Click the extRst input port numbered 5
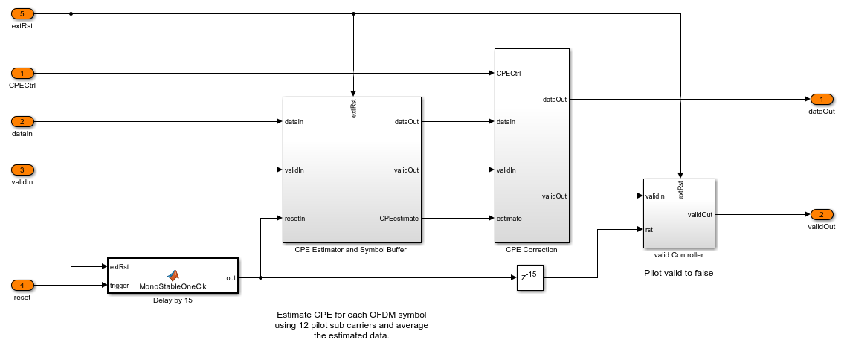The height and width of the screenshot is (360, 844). pyautogui.click(x=22, y=14)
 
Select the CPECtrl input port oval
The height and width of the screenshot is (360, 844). pyautogui.click(x=22, y=73)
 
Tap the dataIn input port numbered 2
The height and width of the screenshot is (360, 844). pyautogui.click(x=22, y=122)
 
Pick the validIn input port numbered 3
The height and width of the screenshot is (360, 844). pyautogui.click(x=22, y=170)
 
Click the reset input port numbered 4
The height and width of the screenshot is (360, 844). pyautogui.click(x=22, y=285)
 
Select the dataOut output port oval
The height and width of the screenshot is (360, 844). pyautogui.click(x=822, y=99)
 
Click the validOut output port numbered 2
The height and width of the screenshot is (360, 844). pyautogui.click(x=822, y=215)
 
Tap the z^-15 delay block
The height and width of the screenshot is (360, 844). pyautogui.click(x=530, y=277)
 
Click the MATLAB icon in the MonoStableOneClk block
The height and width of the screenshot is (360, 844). pyautogui.click(x=173, y=275)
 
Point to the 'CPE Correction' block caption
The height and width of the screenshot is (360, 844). pyautogui.click(x=532, y=250)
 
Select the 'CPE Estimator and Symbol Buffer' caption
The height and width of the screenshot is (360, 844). pyautogui.click(x=350, y=250)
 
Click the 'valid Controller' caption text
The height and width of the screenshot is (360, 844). pyautogui.click(x=679, y=254)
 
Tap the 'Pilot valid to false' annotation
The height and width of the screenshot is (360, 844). pyautogui.click(x=679, y=273)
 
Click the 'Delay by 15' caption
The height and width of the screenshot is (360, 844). pyautogui.click(x=173, y=300)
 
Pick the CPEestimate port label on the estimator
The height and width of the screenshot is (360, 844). pyautogui.click(x=399, y=219)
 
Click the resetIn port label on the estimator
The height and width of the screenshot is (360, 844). pyautogui.click(x=295, y=219)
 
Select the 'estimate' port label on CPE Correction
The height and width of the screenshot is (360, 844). pyautogui.click(x=509, y=219)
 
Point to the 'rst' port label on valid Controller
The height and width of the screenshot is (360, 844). pyautogui.click(x=649, y=230)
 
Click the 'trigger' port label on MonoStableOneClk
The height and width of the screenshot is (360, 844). pyautogui.click(x=119, y=285)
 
